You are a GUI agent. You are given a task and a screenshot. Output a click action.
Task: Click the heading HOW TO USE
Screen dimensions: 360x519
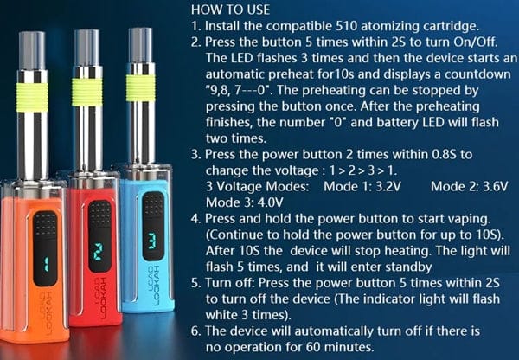231,10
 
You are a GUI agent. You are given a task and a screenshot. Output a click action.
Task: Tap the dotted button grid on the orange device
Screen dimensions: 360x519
46,227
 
